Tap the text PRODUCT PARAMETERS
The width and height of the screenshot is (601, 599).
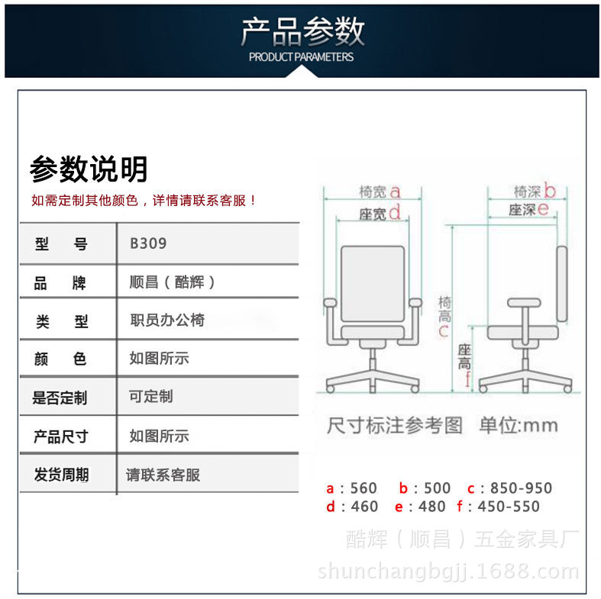coord(302,56)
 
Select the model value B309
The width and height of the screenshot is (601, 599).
coord(148,244)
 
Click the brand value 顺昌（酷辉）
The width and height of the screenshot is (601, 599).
coord(173,282)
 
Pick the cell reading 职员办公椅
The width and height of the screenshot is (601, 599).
coord(167,320)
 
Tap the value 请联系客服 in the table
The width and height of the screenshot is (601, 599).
coord(163,475)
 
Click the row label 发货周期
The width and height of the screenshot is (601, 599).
coord(61,475)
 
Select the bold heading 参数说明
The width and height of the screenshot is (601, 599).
coord(89,169)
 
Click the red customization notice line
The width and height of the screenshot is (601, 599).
coord(144,201)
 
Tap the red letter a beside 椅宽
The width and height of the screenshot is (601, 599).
coord(396,192)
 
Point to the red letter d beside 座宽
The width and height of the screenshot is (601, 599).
coord(395,213)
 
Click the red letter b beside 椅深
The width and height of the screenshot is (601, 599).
coord(549,192)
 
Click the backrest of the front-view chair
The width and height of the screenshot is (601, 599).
coord(371,282)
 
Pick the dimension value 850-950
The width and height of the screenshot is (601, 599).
coord(521,488)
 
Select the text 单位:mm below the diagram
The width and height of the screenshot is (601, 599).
coord(519,425)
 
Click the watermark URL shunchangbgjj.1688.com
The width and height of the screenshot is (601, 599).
coord(449,572)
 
